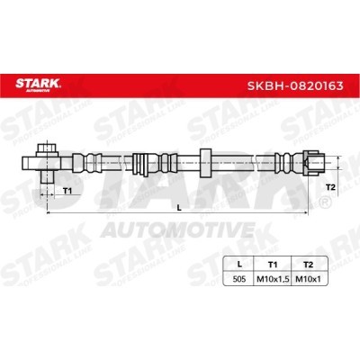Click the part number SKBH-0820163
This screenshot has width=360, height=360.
click(x=295, y=86)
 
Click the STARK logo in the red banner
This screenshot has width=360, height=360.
click(x=38, y=85)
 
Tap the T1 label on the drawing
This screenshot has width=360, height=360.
click(x=67, y=190)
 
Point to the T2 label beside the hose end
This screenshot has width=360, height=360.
click(x=330, y=187)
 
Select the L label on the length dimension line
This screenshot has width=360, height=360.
click(x=179, y=207)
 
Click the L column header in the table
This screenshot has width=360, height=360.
click(x=239, y=265)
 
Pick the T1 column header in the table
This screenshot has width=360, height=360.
click(x=273, y=265)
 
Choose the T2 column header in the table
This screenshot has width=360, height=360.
click(x=308, y=265)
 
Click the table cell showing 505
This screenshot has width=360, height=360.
click(x=239, y=279)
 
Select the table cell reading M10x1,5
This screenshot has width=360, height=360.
click(x=273, y=280)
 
